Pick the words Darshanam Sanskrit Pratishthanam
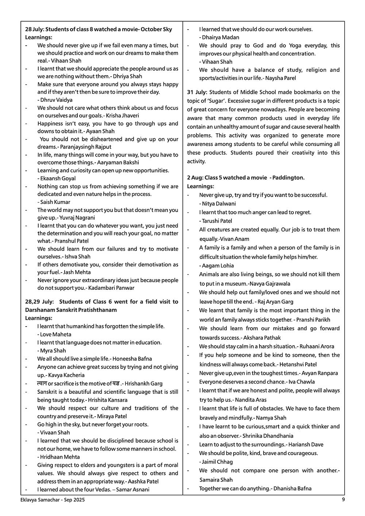click(x=71, y=310)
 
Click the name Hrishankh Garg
click(x=145, y=384)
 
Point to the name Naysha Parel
click(x=281, y=78)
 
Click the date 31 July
click(x=197, y=92)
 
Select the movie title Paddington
click(x=289, y=178)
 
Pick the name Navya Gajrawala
click(x=270, y=284)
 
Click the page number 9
click(x=343, y=500)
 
